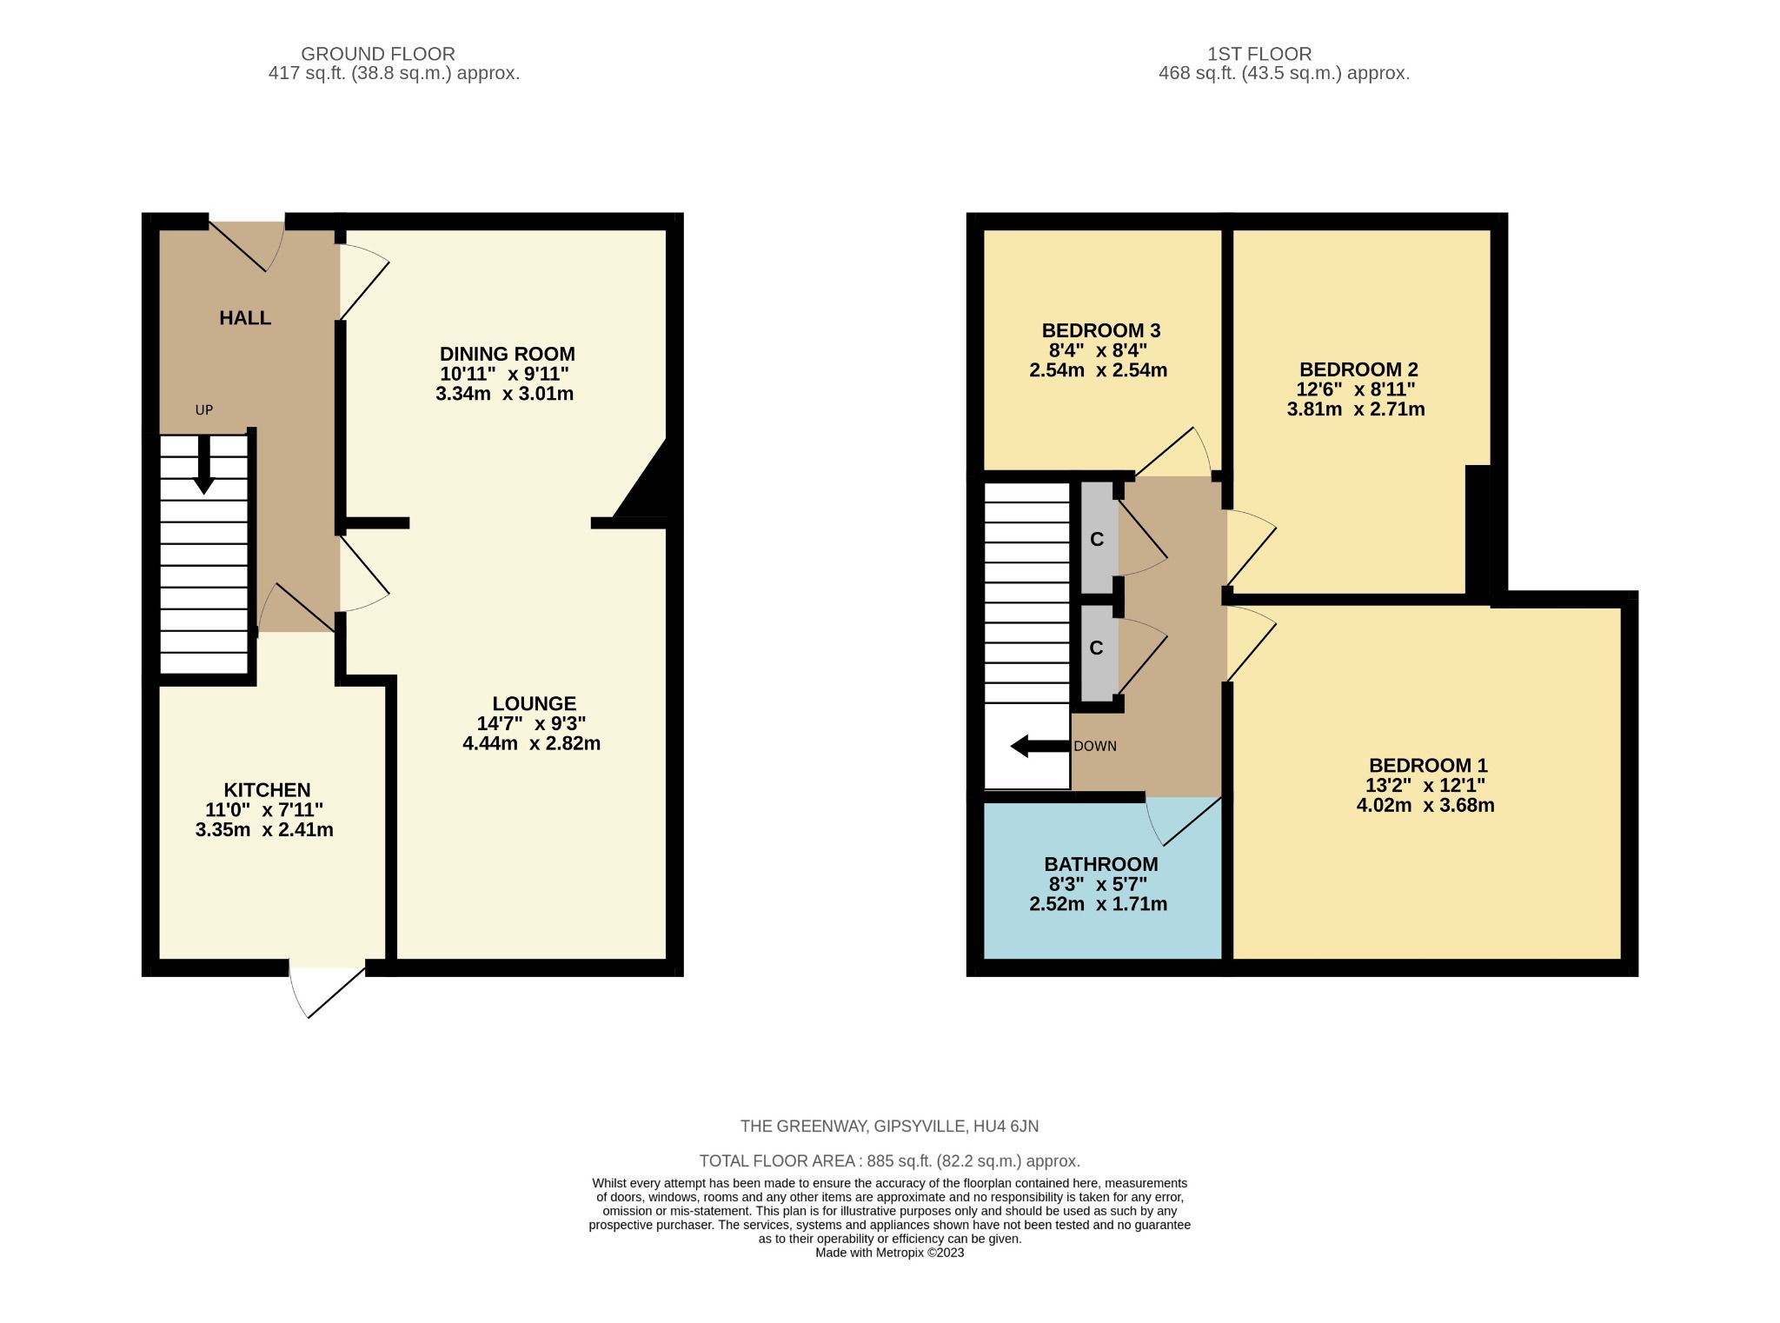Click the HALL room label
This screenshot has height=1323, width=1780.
(x=245, y=318)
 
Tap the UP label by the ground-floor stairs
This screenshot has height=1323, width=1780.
(x=204, y=410)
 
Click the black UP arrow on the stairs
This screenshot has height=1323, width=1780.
(x=203, y=466)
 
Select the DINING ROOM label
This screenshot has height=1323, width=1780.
(x=507, y=354)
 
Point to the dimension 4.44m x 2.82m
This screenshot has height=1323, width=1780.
(x=531, y=743)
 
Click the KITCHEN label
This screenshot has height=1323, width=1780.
(x=267, y=790)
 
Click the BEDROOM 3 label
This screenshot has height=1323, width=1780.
(x=1100, y=330)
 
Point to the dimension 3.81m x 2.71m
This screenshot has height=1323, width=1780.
(x=1355, y=409)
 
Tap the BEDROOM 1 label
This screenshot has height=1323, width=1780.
(x=1427, y=766)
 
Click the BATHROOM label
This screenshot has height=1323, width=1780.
(x=1100, y=864)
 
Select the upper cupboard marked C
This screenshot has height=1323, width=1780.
(x=1097, y=539)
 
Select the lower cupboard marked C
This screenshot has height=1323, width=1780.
(x=1097, y=648)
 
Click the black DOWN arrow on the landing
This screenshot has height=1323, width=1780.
(x=1039, y=746)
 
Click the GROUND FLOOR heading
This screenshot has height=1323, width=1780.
(x=377, y=54)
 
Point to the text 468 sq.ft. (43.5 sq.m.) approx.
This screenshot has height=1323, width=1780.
(x=1283, y=74)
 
